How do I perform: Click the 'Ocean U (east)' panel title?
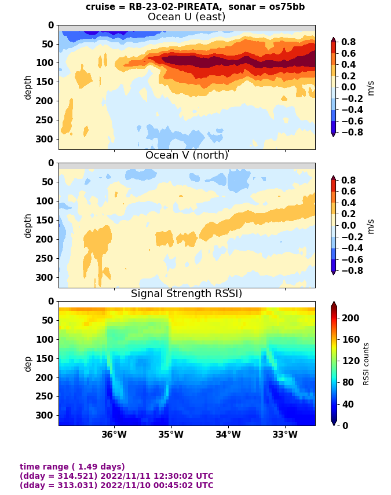[x=187, y=17]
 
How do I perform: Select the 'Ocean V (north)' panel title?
[x=187, y=155]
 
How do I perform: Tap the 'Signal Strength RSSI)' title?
[x=187, y=294]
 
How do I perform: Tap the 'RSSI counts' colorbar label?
[x=366, y=364]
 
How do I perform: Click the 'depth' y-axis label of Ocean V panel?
[x=28, y=225]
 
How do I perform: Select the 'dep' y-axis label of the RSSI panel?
[x=28, y=364]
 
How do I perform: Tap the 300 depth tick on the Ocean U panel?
[x=46, y=139]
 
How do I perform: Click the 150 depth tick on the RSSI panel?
[x=46, y=358]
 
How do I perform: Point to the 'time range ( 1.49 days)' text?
[x=72, y=467]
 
